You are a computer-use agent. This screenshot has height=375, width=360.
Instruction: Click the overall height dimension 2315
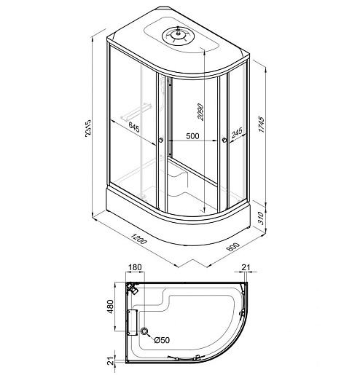click(88, 128)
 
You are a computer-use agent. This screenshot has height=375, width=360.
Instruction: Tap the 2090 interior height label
click(200, 112)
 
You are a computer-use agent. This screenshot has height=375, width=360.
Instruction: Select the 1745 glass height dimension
click(261, 125)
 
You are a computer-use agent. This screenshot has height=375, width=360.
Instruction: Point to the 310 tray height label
click(260, 218)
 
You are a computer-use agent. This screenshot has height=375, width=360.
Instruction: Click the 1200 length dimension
click(138, 239)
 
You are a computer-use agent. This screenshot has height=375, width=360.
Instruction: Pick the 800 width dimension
click(232, 247)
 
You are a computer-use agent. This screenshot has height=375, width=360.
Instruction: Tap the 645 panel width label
click(134, 127)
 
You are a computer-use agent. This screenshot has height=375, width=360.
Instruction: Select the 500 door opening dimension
click(192, 136)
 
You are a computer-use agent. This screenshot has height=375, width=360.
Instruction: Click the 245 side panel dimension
click(237, 133)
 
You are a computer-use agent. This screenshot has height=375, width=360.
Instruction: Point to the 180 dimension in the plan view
click(135, 267)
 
